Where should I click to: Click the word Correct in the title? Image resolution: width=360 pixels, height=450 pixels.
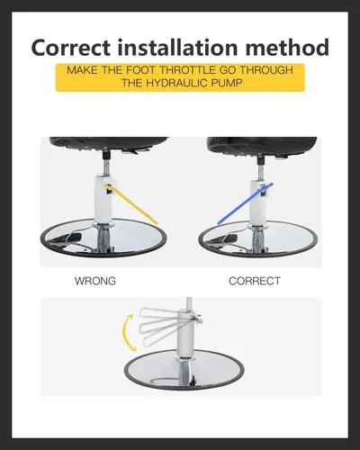click(x=71, y=48)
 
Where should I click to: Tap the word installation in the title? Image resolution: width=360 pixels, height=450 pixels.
click(x=177, y=47)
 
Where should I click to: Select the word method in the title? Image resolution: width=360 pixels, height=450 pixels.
click(x=287, y=47)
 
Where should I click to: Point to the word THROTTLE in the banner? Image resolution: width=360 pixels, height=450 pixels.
click(x=187, y=70)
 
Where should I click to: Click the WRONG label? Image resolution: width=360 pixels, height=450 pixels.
click(x=95, y=281)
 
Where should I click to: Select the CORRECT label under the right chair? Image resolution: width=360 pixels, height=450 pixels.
click(x=255, y=281)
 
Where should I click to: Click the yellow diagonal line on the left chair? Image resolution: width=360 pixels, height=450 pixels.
click(x=130, y=204)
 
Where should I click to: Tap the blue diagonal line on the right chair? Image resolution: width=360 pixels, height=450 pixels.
click(x=245, y=203)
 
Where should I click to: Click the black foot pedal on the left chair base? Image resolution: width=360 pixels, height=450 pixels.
click(x=67, y=238)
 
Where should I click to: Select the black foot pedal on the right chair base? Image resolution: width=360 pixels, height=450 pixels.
click(x=223, y=239)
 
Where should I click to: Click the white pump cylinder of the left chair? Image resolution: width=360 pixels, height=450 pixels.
click(x=103, y=199)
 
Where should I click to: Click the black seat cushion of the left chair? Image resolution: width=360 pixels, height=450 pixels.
click(x=108, y=144)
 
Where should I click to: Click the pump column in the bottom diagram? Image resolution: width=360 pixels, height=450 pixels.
click(x=186, y=334)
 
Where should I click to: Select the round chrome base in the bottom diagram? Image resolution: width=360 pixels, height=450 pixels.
click(x=184, y=370)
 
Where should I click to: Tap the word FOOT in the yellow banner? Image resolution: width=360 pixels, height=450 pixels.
click(x=140, y=70)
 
